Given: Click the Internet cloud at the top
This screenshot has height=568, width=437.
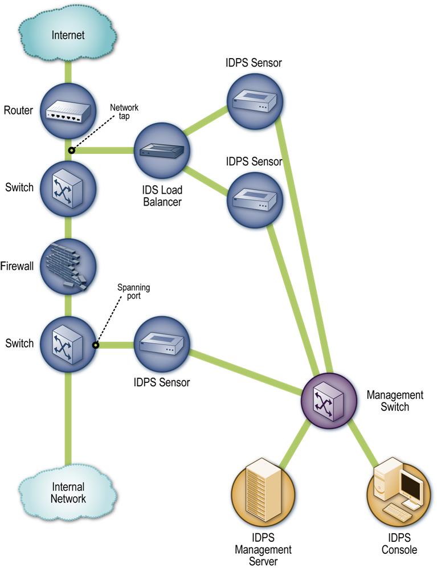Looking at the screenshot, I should click(x=68, y=35).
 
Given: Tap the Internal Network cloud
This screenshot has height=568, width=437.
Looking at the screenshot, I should click(x=68, y=492).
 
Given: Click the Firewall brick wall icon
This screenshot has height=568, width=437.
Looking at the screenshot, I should click(x=68, y=265).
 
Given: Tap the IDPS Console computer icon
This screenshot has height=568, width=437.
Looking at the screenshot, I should click(x=399, y=492).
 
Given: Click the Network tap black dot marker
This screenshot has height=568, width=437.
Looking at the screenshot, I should click(x=71, y=151).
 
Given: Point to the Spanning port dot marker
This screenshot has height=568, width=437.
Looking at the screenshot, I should click(x=96, y=344).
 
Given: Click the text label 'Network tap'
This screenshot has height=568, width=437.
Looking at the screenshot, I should click(x=124, y=112).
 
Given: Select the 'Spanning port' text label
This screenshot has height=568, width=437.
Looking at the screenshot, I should click(x=133, y=292).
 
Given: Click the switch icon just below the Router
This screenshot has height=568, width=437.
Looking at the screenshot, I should click(x=68, y=187).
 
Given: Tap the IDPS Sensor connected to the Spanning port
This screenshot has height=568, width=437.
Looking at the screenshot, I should click(x=161, y=344).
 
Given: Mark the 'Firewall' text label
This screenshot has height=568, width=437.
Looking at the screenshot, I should click(x=17, y=265).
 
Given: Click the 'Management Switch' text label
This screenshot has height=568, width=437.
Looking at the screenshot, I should click(x=394, y=401).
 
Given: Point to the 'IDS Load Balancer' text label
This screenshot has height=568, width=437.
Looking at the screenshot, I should click(x=161, y=195).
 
